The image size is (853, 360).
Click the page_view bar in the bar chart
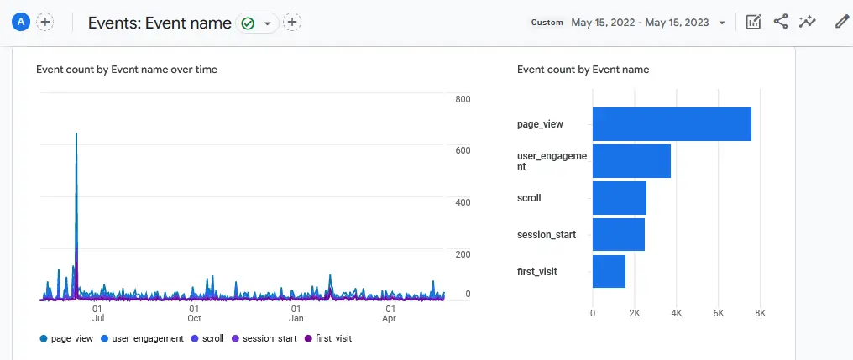[x=672, y=124]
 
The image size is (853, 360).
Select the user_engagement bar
[x=631, y=161]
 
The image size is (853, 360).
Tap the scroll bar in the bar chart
[x=620, y=198]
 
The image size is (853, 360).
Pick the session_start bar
[x=619, y=235]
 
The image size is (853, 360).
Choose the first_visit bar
[x=609, y=272]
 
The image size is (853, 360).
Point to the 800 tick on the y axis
[x=462, y=99]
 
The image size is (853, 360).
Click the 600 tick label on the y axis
[x=462, y=150]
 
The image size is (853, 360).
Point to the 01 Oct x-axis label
[x=195, y=313]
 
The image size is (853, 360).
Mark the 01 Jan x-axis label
[x=296, y=313]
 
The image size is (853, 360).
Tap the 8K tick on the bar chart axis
[x=761, y=313]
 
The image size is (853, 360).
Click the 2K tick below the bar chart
[x=635, y=313]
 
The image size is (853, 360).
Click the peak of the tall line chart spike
[x=76, y=133]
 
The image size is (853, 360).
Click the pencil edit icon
[x=842, y=23]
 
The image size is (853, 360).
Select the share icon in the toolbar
[x=781, y=23]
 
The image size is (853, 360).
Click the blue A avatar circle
[x=20, y=23]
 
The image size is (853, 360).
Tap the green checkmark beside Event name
[x=248, y=23]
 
